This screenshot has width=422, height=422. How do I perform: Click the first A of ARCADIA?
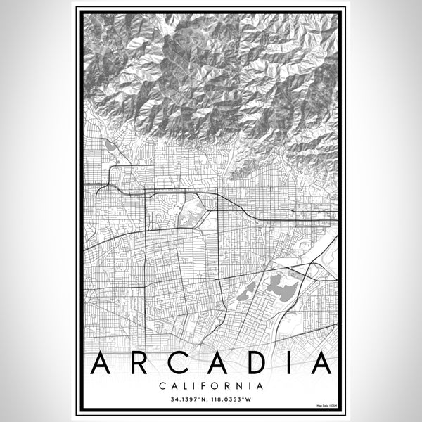tap(101, 364)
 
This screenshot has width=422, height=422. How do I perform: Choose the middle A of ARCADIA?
tap(217, 364)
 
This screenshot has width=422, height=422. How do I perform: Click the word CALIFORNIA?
tap(211, 385)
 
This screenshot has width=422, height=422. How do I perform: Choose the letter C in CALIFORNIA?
tap(162, 385)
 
